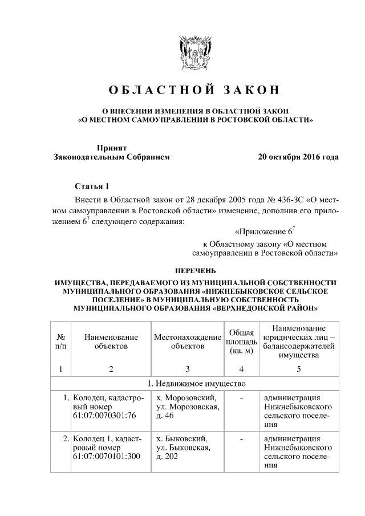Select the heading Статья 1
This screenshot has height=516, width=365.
pos(91,187)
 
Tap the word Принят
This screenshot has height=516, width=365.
pos(111,147)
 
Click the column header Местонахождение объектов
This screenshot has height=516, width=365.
pos(187,342)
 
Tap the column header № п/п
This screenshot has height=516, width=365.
pos(60,342)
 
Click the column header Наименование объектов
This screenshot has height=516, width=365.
pos(111,342)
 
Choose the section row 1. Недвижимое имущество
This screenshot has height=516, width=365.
pos(195,382)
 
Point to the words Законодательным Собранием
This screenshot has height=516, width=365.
pos(111,156)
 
